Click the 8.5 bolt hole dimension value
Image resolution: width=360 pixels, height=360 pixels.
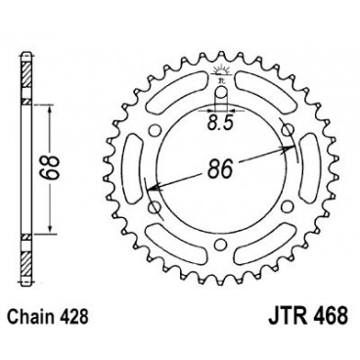pyautogui.click(x=221, y=122)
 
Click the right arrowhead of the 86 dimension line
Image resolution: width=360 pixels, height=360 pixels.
pyautogui.click(x=291, y=149)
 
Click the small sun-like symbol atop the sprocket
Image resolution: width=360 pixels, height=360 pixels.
pyautogui.click(x=221, y=67)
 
